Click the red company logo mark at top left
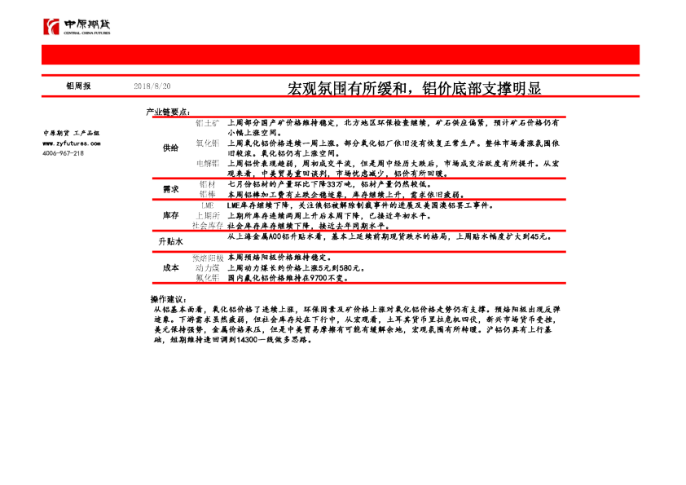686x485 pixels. (52, 27)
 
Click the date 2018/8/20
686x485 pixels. (152, 86)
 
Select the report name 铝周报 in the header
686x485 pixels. (79, 86)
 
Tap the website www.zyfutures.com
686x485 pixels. (72, 143)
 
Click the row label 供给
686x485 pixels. (170, 148)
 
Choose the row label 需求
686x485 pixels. (170, 189)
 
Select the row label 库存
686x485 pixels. (170, 214)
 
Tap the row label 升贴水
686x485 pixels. (170, 242)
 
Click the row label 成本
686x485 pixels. (170, 267)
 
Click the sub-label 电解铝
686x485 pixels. (208, 163)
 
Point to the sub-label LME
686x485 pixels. (209, 205)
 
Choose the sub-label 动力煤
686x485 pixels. (208, 267)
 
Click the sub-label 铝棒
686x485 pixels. (208, 195)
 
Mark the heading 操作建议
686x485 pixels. (169, 300)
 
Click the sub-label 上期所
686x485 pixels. (208, 215)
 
